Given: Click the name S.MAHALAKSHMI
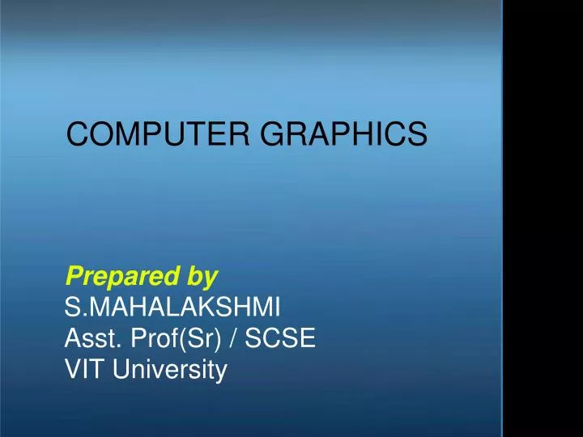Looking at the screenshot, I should click(173, 308).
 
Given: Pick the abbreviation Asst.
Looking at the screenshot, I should click(90, 339).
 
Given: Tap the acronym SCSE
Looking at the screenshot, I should click(280, 339).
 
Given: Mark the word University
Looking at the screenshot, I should click(171, 371).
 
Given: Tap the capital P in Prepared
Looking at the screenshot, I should click(72, 277).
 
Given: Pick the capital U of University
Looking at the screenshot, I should click(121, 370).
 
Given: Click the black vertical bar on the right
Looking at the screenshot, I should click(543, 218).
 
